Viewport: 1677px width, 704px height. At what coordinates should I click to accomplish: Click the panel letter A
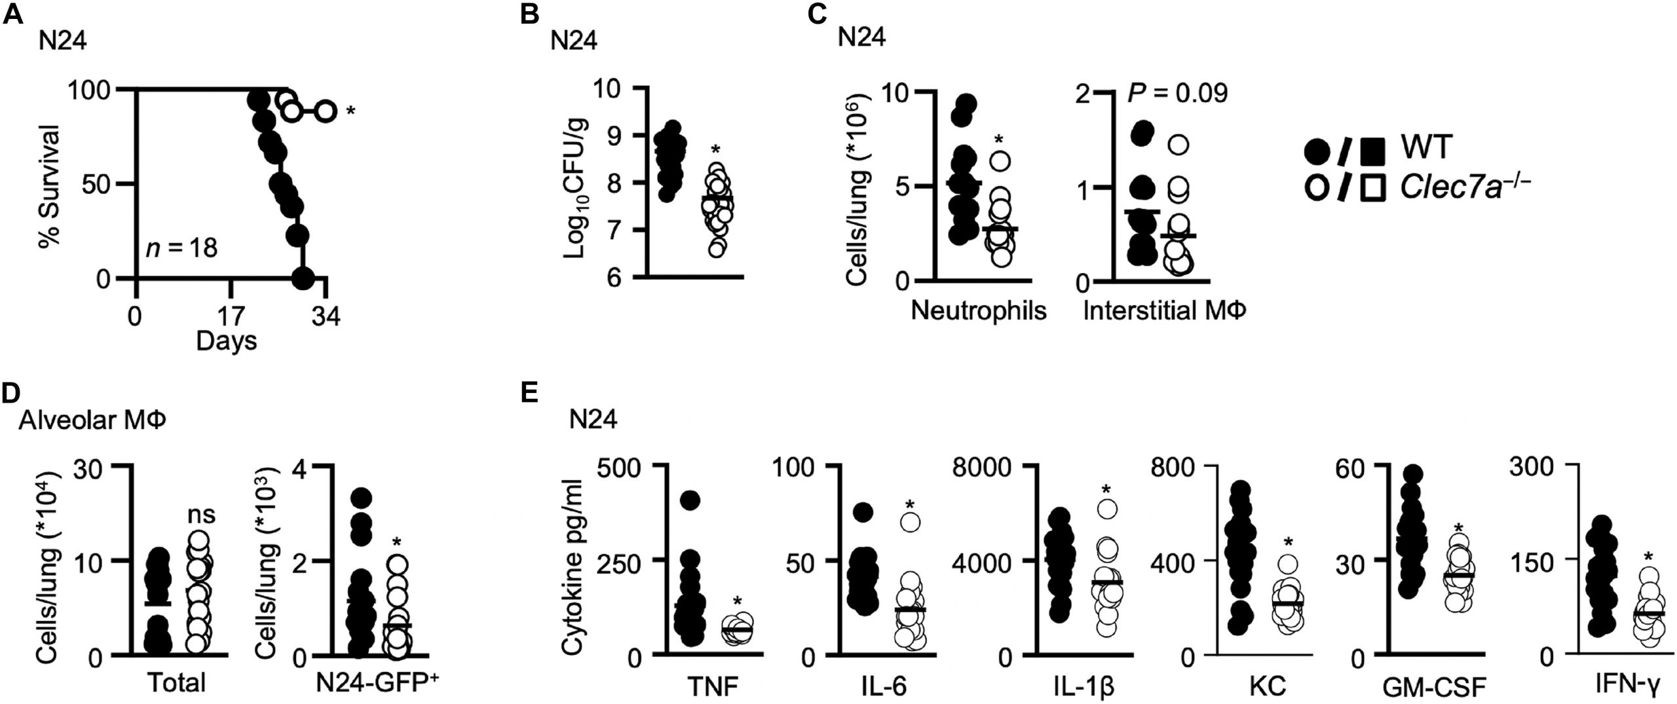click(x=14, y=14)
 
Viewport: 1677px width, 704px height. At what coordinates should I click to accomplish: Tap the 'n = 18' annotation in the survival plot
click(x=181, y=249)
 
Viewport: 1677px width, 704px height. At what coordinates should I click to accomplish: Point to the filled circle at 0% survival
click(x=301, y=278)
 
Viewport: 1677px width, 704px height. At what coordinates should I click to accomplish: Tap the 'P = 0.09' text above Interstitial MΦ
click(x=1177, y=94)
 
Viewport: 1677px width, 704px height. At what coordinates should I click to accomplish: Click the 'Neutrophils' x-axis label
click(x=979, y=310)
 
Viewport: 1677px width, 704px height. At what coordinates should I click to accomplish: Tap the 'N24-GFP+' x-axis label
click(x=377, y=683)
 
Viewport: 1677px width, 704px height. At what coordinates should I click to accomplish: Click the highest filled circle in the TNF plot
click(x=690, y=501)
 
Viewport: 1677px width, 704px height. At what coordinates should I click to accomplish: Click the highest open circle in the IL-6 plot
click(x=911, y=522)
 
